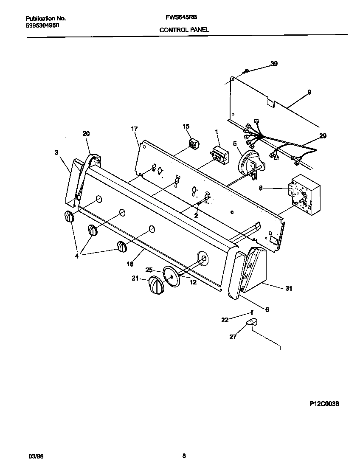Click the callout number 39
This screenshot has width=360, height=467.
274,64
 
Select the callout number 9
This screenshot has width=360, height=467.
309,92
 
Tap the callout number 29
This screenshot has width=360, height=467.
323,135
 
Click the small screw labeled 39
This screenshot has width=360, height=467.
246,71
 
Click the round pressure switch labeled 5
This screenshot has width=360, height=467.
250,164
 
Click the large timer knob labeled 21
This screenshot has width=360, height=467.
156,284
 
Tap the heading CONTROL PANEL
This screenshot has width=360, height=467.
184,30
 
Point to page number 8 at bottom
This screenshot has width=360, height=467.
184,456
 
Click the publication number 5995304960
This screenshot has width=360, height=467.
42,25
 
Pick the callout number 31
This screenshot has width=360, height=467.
289,288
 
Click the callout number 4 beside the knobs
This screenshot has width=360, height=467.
77,256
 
